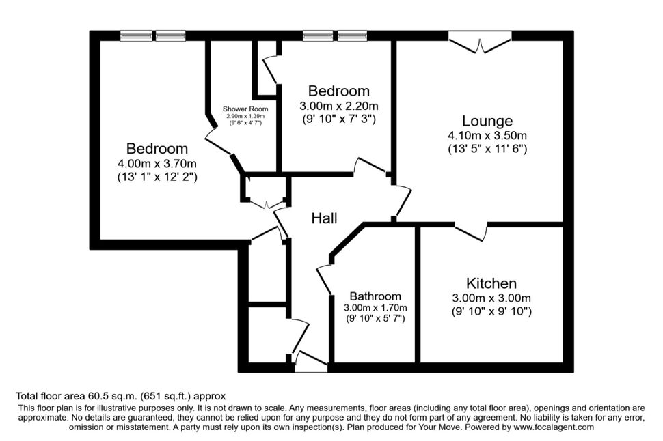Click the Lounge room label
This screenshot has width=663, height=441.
pos(487,121)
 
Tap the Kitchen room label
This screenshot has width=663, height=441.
pos(491,283)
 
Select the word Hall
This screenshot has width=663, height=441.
pos(324,218)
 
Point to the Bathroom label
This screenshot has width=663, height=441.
pos(375,296)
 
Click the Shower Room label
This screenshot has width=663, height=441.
pos(245,109)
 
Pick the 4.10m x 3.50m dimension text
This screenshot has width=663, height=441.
pos(487,136)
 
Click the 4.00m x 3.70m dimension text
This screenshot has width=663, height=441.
pos(157,163)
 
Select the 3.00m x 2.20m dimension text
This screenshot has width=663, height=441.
pos(339,106)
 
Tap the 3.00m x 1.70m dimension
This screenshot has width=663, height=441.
pos(375,307)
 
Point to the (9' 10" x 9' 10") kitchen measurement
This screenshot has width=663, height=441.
pos(491,311)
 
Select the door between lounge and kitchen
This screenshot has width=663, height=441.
pos(471,231)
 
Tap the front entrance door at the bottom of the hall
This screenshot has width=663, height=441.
pos(311,360)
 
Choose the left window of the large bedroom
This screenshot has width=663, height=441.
pos(136,36)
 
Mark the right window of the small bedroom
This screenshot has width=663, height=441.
pos(352,36)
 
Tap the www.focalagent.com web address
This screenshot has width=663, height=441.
pos(554,427)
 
